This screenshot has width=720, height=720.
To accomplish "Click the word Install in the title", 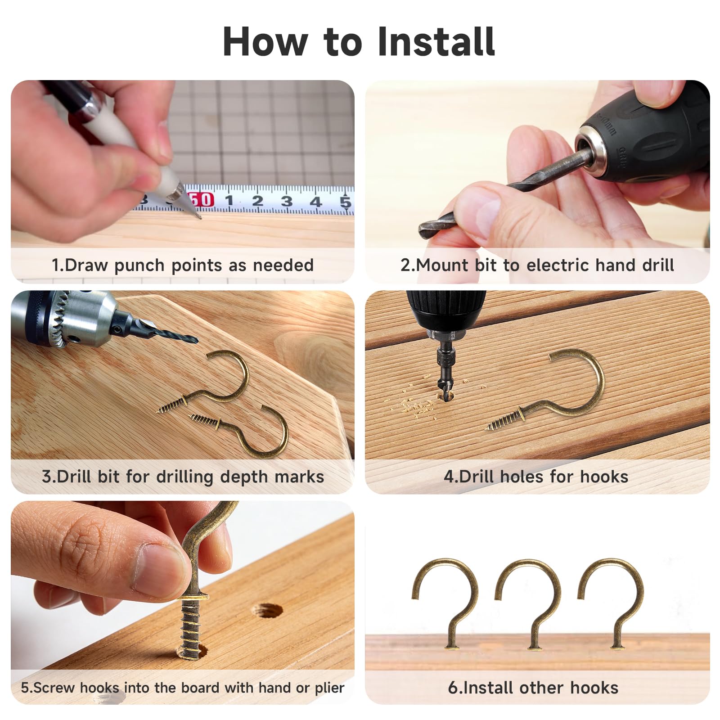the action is [436, 41].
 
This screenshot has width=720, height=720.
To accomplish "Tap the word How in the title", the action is [265, 41].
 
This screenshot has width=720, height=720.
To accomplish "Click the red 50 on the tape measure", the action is [201, 199].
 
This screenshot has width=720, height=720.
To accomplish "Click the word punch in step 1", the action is [139, 266].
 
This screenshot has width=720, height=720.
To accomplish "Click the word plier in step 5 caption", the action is [329, 688].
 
